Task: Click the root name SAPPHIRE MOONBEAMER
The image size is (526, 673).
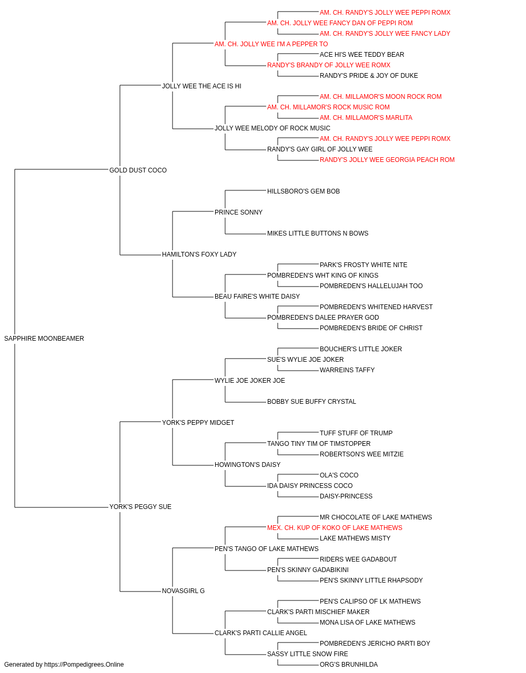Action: [44, 339]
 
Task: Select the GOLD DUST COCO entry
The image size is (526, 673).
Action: [138, 170]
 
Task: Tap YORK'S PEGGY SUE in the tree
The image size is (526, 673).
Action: [140, 507]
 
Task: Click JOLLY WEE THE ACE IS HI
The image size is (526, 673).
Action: [201, 86]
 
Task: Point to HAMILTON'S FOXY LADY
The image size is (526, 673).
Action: [199, 254]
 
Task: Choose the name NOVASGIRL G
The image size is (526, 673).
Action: [183, 591]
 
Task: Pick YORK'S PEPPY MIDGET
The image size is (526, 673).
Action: [198, 423]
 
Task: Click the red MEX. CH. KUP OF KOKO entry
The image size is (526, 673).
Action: [335, 528]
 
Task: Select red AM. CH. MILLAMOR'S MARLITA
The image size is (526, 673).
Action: [366, 118]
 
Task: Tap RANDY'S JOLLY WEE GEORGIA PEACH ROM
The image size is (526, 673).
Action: [387, 160]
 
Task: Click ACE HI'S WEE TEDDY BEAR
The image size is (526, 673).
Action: [362, 55]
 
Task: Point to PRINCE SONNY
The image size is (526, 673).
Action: [238, 212]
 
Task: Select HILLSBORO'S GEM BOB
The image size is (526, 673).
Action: [304, 191]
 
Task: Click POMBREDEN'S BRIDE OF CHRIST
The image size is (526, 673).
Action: [371, 328]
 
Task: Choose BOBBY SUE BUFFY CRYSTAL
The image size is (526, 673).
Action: [311, 402]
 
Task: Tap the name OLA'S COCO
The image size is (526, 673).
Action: [339, 475]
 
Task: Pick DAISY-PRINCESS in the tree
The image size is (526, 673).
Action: [346, 496]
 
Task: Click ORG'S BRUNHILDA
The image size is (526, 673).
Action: [349, 665]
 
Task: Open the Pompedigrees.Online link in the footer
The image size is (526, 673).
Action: [84, 665]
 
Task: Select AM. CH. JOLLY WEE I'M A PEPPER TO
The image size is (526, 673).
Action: [271, 44]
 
